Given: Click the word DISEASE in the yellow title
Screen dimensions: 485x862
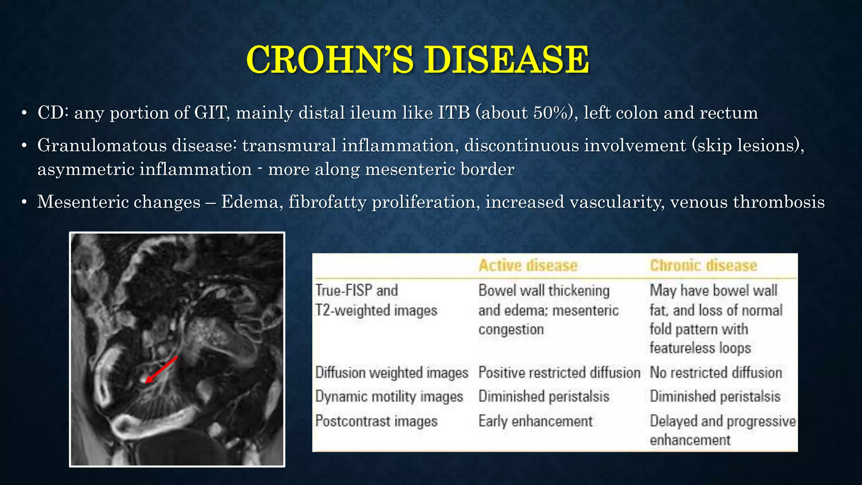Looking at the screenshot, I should coord(506,60).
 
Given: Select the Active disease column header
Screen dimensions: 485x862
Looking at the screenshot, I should coord(528,266).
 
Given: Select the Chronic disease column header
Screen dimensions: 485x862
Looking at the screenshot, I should coord(703,266).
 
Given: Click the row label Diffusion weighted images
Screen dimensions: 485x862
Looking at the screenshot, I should coord(391,373).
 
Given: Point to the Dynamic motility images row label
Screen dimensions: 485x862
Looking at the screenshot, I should coord(389,397).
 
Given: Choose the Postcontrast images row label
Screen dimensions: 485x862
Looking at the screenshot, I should coord(376,421).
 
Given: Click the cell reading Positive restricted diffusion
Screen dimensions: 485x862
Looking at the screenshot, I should coord(559,373).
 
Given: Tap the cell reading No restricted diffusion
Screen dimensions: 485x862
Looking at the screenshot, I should coord(716,373).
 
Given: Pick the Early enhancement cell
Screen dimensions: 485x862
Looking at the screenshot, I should coord(535,421).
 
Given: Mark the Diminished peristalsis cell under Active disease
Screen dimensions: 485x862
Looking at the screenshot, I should coord(544,397).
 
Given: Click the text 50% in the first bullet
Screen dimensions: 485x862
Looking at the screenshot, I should coord(550,113).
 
